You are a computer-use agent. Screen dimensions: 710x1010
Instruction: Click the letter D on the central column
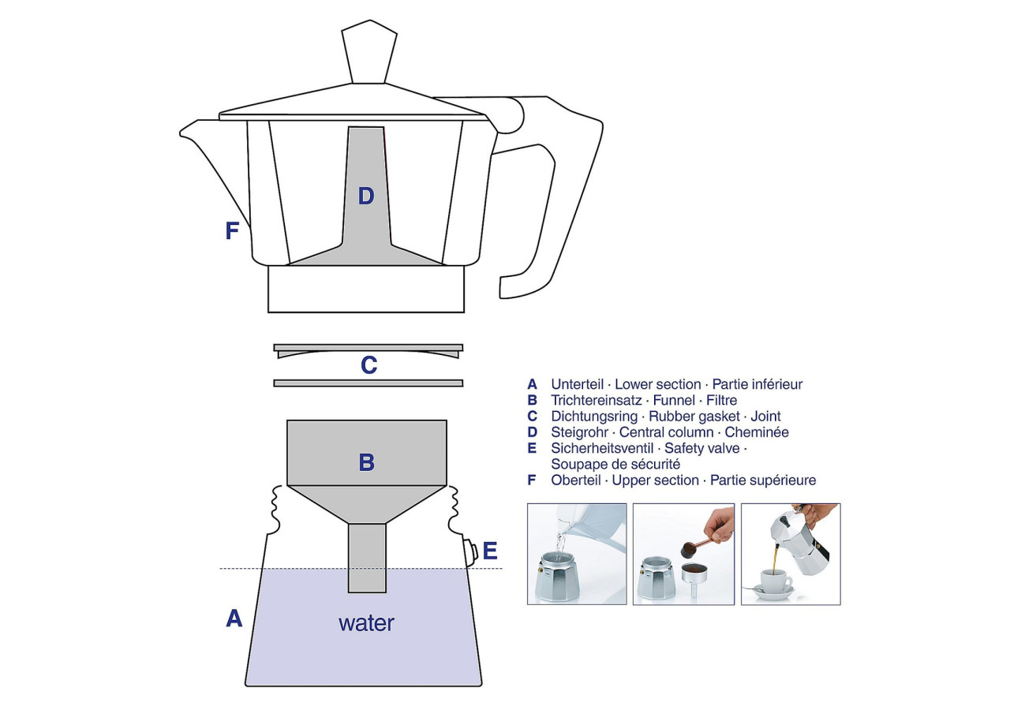[x=365, y=196]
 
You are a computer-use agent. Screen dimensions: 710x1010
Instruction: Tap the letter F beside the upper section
[x=232, y=231]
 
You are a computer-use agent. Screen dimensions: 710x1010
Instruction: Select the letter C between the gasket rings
[x=368, y=365]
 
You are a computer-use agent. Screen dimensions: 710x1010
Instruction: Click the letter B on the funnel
[x=366, y=462]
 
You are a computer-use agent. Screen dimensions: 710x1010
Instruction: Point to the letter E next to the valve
[x=490, y=551]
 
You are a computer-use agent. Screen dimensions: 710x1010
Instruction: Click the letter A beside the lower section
[x=234, y=618]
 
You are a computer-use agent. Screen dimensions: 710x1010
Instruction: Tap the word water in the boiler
[x=366, y=623]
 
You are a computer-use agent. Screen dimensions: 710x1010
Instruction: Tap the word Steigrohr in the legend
[x=579, y=432]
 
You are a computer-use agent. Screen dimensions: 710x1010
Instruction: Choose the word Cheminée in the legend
[x=757, y=432]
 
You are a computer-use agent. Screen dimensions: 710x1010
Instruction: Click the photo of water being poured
[x=577, y=554]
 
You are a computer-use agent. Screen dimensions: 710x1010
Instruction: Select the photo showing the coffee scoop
[x=683, y=554]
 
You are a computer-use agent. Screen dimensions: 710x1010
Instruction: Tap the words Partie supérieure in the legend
[x=763, y=480]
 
